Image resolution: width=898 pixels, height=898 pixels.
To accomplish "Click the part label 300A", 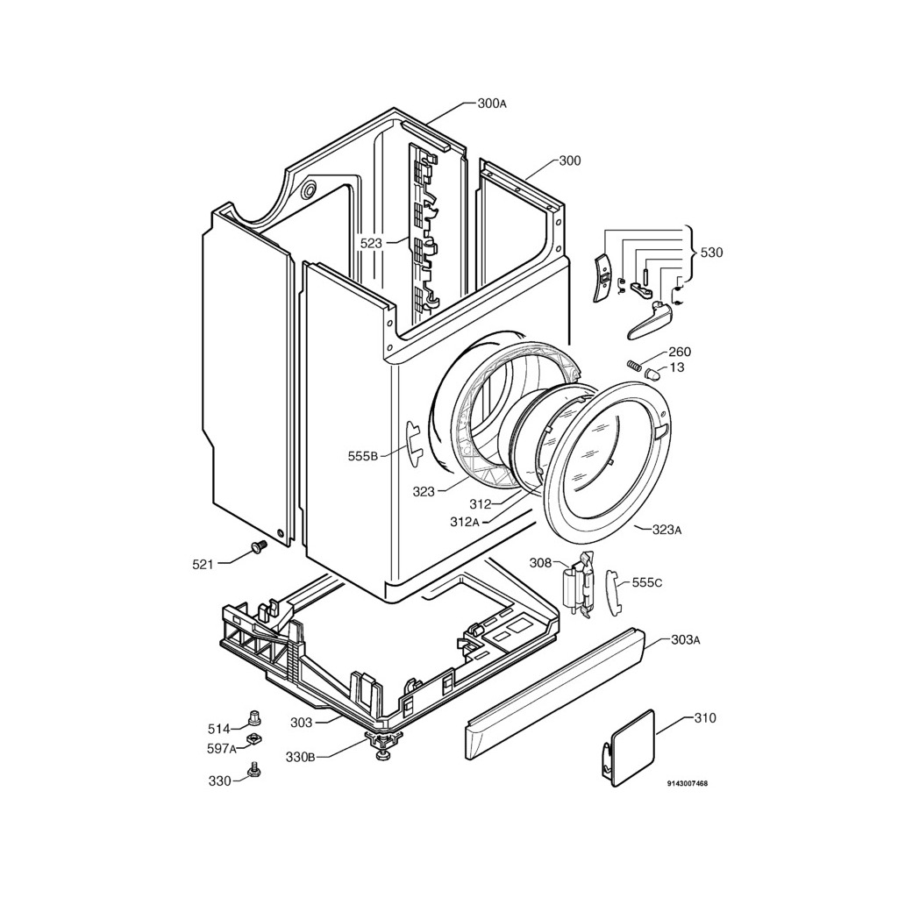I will click(492, 103).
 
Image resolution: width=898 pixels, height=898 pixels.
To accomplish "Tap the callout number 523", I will click(371, 243).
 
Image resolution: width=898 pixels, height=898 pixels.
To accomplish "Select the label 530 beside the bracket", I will click(711, 253).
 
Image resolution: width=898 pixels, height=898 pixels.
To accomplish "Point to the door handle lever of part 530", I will click(649, 321).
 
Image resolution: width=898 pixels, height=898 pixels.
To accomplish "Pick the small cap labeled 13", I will click(652, 374).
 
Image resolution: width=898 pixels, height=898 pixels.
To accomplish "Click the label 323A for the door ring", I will click(667, 530).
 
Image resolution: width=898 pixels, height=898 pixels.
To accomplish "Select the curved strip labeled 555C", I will click(611, 592).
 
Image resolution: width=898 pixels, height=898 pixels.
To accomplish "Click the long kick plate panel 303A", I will click(552, 693).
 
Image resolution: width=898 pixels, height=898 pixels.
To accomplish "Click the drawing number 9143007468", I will click(687, 783).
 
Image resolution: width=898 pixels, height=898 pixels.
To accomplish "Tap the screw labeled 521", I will click(257, 547).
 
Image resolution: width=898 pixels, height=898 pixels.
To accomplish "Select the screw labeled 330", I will click(255, 770).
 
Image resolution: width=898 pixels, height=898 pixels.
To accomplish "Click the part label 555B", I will click(362, 455).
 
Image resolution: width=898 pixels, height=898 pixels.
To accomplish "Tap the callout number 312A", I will click(464, 522).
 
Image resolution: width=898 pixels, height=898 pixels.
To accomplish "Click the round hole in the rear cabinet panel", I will click(309, 189).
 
